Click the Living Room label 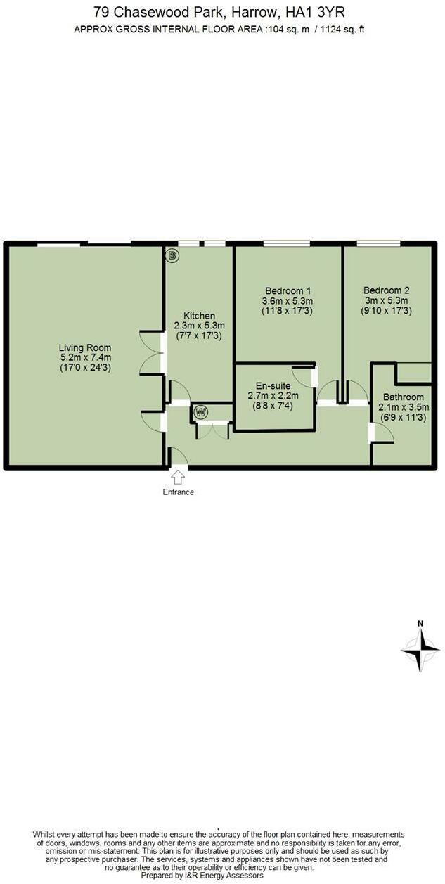[x=85, y=347]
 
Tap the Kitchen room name [x=199, y=316]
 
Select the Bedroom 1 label [x=288, y=290]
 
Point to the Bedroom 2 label [x=386, y=290]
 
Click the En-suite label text [x=273, y=385]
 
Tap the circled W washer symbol [x=202, y=411]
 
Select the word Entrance [x=178, y=492]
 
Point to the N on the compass [x=420, y=622]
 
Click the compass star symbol [x=420, y=651]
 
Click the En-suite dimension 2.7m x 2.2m [x=273, y=395]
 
